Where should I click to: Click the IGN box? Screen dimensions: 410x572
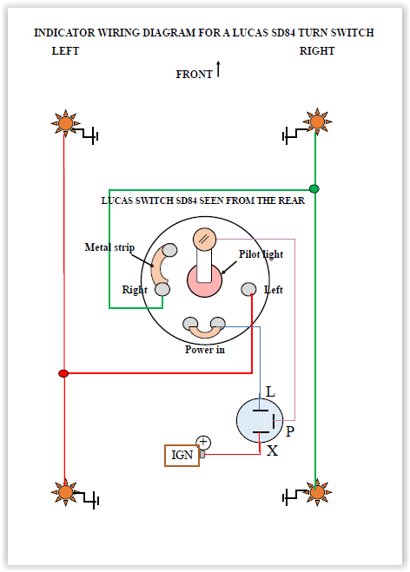click(182, 456)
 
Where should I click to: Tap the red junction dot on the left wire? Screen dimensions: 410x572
click(63, 373)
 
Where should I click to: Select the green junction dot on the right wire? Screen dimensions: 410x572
click(314, 188)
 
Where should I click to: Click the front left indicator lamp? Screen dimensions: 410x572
click(65, 123)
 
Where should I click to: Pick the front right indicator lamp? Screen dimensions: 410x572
click(317, 122)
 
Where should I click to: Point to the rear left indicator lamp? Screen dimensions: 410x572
click(65, 492)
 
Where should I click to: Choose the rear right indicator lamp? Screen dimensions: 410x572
click(317, 492)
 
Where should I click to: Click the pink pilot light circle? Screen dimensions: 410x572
click(204, 280)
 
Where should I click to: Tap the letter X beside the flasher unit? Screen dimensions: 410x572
click(272, 450)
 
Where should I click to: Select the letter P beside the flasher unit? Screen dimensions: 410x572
click(290, 431)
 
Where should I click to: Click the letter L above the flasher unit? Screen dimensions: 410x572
click(270, 391)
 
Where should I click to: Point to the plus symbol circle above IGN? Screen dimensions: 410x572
click(203, 443)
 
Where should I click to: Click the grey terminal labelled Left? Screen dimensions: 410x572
click(248, 289)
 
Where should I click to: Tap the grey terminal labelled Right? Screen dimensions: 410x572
click(162, 289)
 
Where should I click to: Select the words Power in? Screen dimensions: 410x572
click(205, 350)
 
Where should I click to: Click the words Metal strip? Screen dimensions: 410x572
click(109, 247)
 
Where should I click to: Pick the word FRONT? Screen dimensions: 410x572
click(194, 75)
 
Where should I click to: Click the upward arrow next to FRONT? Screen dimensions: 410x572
click(218, 69)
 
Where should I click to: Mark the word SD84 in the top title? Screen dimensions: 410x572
click(283, 33)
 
